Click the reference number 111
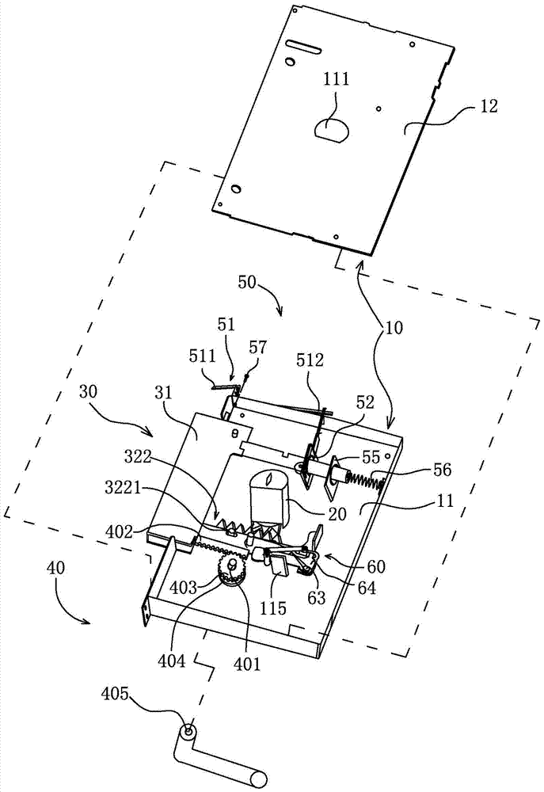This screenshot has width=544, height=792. click(x=335, y=79)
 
